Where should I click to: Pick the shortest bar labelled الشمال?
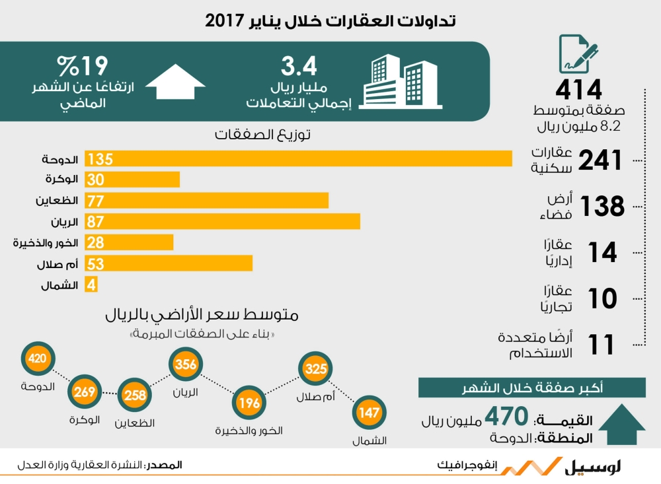pos(93,285)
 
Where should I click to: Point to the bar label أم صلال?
pos(58,265)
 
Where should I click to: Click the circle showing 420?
pos(36,359)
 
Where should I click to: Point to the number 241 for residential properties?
pos(601,160)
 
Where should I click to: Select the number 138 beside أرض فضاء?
pos(602,207)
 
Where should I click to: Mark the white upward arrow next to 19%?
pos(175,83)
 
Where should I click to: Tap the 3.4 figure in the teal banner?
pos(299,65)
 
